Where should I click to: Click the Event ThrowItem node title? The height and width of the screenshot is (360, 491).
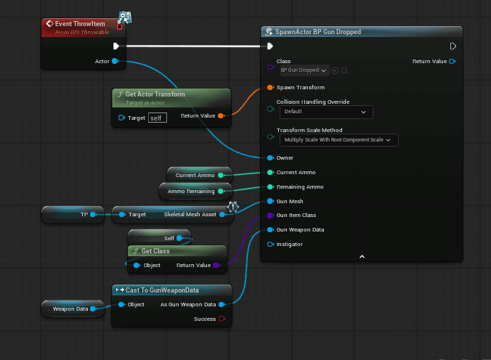coord(80,24)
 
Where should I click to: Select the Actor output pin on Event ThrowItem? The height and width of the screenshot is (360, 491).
coord(115,61)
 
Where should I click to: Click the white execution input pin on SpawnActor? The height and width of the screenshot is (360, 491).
coord(270,46)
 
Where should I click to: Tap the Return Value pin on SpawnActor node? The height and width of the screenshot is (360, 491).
coord(453,62)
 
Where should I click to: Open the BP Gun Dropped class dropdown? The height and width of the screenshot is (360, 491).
coord(304,70)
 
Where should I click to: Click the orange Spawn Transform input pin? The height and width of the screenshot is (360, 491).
coord(270,87)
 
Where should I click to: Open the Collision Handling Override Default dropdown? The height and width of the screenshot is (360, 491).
coord(326,112)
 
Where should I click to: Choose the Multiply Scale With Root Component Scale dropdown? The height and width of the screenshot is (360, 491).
coord(338,140)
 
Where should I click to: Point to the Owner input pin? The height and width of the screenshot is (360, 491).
coord(270,157)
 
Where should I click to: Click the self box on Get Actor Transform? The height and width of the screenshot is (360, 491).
coord(157,118)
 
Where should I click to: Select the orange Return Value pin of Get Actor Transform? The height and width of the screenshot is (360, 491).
coord(221,116)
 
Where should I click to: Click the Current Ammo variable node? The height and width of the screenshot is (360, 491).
coord(200,176)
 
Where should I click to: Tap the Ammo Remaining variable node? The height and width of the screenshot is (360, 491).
coord(195,192)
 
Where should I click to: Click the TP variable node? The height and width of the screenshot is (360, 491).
coord(73,214)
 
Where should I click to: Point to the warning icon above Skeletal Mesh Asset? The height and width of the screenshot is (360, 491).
coord(233,207)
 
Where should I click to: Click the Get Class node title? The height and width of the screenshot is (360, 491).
coord(155,251)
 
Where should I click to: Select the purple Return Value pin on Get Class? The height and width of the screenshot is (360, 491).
coord(216,265)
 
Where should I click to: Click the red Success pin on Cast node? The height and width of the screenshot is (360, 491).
coord(222,319)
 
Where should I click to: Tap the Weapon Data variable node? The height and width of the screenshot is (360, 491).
coord(73,309)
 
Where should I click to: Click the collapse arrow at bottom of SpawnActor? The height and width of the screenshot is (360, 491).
coord(362,257)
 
